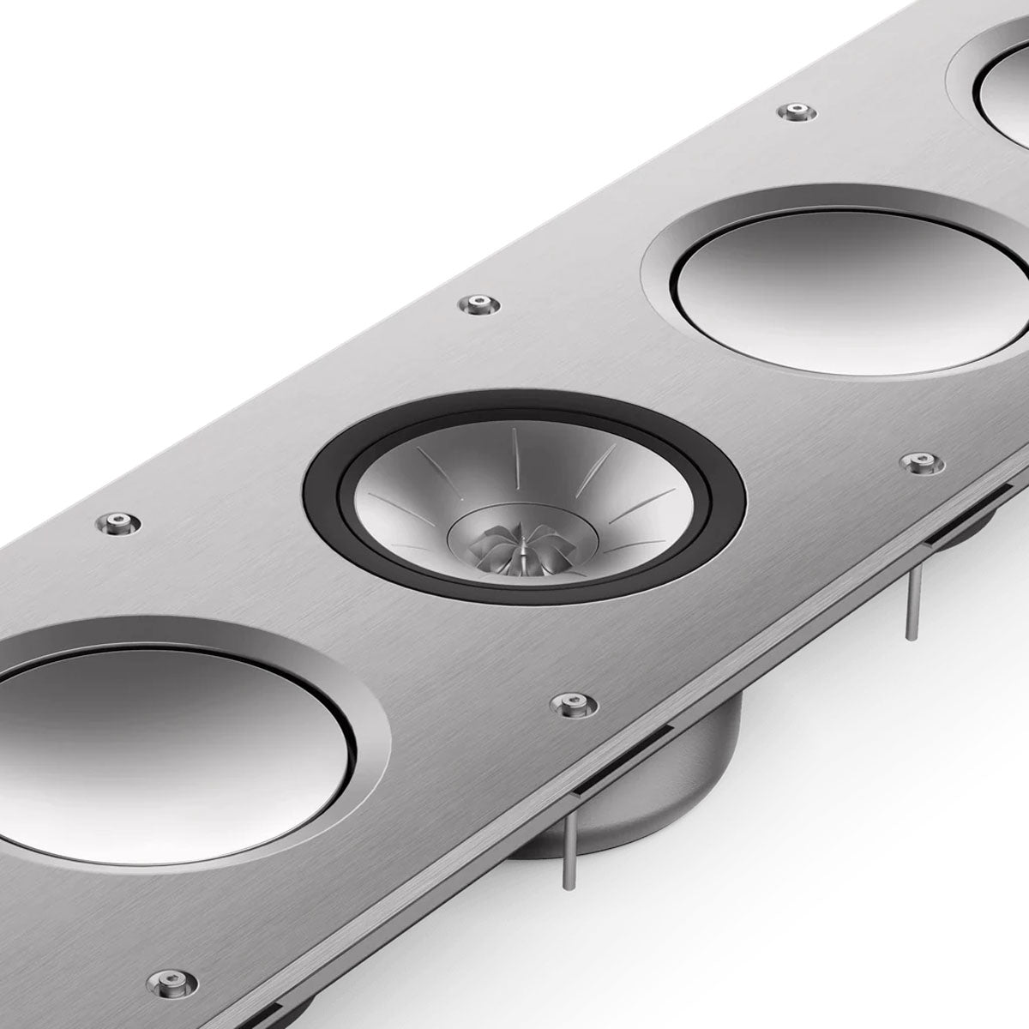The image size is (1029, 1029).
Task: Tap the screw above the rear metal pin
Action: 921,462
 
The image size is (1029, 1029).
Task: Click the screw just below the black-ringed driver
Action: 569,704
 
